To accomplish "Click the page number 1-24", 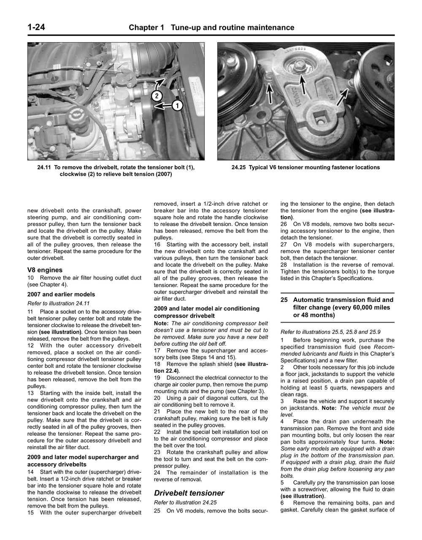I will pos(36,27).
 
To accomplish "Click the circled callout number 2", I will pos(157,96).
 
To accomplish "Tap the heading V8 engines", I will pos(45,270).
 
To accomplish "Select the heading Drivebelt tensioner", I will pos(189,493).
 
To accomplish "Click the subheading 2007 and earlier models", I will pos(61,294).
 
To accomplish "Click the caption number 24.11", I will pos(44,167).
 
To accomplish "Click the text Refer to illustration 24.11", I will pos(58,303).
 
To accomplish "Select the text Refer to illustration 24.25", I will pos(185,502).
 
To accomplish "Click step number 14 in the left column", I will pos(31,472).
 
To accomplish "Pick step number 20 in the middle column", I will pos(157,398).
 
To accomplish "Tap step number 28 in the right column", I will pos(284,265).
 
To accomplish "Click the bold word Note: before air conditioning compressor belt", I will pos(162,323).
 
